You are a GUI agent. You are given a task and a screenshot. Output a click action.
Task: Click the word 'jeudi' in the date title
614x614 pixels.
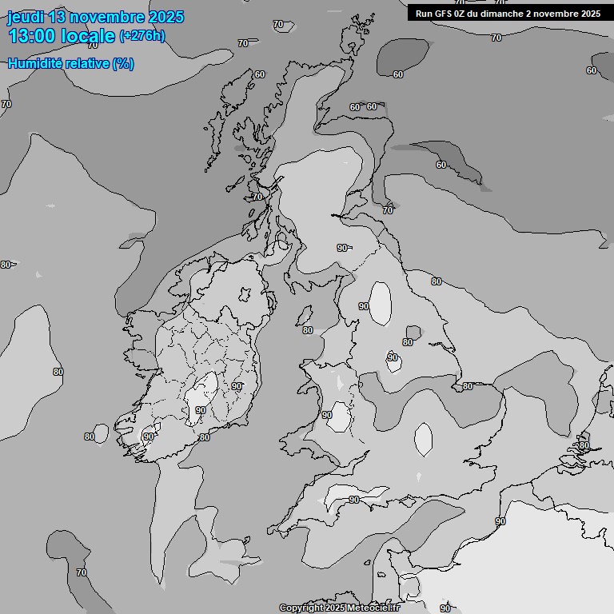26,17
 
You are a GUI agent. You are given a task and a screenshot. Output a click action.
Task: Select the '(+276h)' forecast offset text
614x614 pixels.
142,36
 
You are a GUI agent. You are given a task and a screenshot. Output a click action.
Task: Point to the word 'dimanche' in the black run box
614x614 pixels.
510,13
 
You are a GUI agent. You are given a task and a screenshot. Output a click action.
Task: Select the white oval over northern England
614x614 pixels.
381,303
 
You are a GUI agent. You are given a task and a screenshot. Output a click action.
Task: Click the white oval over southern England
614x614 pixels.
423,439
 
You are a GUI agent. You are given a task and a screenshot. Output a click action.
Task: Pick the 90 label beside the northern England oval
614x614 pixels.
364,306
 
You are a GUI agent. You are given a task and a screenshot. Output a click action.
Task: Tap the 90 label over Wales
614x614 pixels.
326,415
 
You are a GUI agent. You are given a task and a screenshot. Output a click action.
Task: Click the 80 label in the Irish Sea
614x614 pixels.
307,330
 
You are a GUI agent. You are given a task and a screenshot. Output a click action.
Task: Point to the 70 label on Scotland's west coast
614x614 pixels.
257,196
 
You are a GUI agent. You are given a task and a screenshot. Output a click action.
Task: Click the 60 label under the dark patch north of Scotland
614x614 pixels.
398,74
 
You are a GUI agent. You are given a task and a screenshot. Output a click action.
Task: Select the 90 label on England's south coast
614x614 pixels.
353,500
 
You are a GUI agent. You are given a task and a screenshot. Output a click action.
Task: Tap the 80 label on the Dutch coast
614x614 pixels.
584,445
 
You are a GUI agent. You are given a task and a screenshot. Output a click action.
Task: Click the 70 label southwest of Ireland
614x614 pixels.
81,572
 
